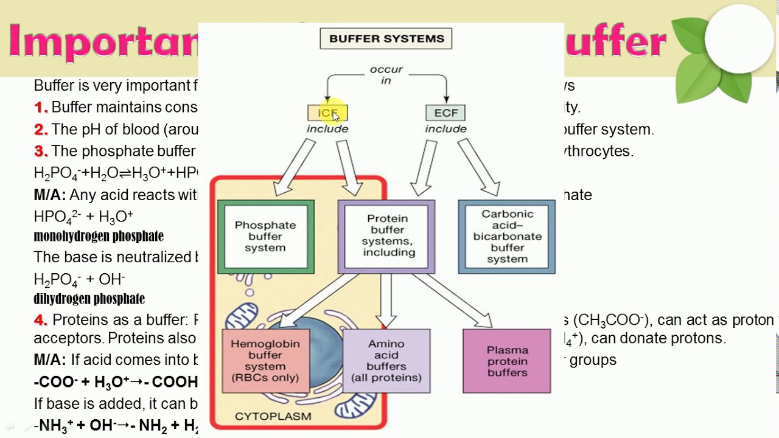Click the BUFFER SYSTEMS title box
click(386, 38)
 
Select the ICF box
click(327, 113)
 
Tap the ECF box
click(445, 113)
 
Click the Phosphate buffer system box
click(265, 237)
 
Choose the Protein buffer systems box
click(386, 236)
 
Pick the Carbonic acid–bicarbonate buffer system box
click(506, 237)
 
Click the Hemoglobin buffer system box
click(265, 361)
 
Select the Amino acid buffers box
click(386, 361)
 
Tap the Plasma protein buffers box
click(506, 361)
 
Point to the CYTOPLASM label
click(273, 417)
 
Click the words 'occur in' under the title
click(386, 75)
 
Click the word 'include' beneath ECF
click(445, 129)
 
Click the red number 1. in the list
click(41, 108)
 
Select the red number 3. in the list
click(41, 151)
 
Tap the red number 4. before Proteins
click(41, 320)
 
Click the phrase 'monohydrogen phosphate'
click(99, 236)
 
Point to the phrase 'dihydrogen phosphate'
click(89, 299)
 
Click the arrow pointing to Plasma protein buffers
click(453, 301)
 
